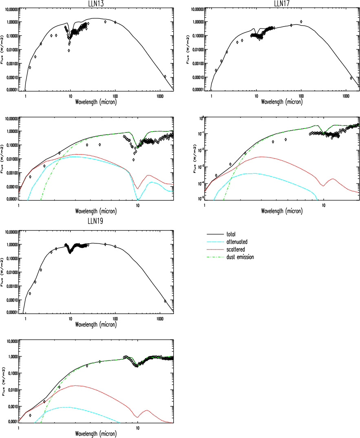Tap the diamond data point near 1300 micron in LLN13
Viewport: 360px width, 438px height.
165,76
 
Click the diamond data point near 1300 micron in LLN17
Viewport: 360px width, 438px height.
351,78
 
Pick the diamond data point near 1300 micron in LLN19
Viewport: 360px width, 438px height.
165,301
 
